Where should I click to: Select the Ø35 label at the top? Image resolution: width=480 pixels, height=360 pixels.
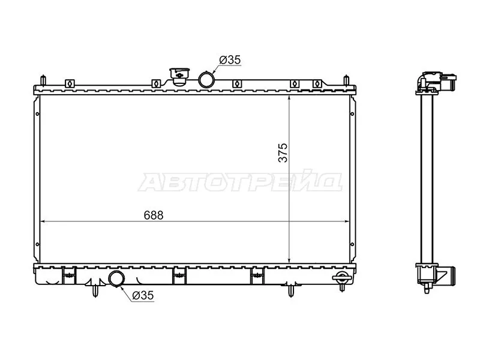230,60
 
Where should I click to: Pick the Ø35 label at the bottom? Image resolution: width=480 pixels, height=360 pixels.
144,295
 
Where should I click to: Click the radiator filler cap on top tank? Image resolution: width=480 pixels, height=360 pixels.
178,77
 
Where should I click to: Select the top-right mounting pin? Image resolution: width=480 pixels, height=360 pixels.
346,81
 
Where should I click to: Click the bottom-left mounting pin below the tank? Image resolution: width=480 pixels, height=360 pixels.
95,290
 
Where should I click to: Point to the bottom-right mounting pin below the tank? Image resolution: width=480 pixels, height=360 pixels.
292,290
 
